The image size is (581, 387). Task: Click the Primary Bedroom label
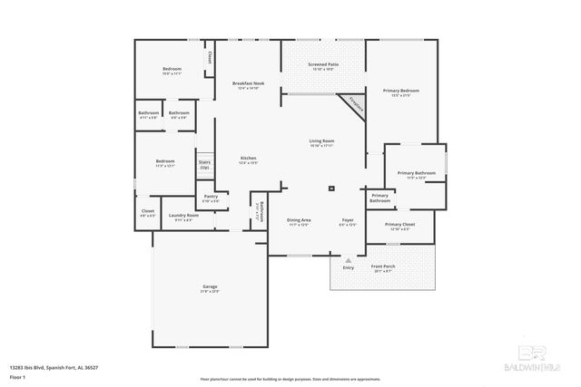(x=400, y=92)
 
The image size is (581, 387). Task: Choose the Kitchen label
(x=248, y=160)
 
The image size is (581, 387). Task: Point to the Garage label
(x=210, y=289)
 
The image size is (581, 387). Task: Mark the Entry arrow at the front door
(x=348, y=260)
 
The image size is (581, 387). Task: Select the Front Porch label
(x=383, y=267)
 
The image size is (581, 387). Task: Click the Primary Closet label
(x=399, y=226)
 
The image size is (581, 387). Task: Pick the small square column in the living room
(x=330, y=189)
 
